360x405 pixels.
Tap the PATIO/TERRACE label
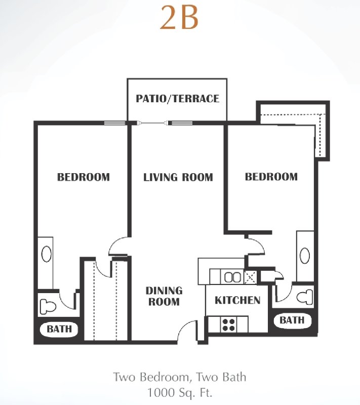tap(177, 99)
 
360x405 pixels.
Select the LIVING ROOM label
tap(178, 178)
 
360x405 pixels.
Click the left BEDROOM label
tap(84, 177)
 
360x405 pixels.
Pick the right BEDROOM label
tap(271, 177)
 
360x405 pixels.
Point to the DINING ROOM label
tap(164, 296)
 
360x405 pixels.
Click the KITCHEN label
tap(237, 300)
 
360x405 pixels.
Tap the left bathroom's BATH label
tap(59, 329)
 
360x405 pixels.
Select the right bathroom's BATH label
tap(292, 320)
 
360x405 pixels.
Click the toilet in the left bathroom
tap(48, 306)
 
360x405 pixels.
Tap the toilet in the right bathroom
tap(305, 297)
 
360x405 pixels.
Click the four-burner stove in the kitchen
tap(228, 325)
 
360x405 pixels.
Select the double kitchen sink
tap(232, 277)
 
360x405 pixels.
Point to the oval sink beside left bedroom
tap(47, 254)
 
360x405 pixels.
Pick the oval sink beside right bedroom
tap(305, 256)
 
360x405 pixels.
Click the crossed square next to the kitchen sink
tap(250, 277)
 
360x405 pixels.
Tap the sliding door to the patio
tap(154, 123)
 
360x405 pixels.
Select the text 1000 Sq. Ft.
tap(179, 393)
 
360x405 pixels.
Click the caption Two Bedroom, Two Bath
tap(180, 377)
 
